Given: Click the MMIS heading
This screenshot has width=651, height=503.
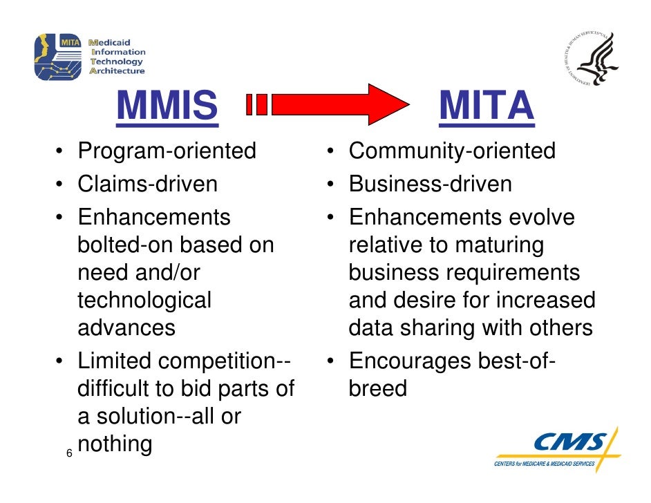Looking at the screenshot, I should click(167, 106).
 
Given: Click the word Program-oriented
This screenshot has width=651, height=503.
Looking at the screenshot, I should click(167, 150).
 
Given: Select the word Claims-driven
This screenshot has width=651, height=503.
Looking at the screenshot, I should click(147, 184).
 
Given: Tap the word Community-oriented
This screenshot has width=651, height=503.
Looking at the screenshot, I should click(452, 151).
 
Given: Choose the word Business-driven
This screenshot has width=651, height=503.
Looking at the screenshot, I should click(431, 184).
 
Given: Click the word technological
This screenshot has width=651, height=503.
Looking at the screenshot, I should click(144, 300).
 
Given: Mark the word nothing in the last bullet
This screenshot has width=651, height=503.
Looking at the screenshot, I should click(115, 444).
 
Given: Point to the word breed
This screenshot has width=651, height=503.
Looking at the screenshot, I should click(378, 388).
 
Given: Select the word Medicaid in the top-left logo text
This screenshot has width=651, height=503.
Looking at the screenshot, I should click(116, 41).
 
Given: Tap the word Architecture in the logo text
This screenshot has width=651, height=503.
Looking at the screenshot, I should click(118, 70).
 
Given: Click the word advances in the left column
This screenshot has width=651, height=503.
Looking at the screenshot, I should click(126, 327).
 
